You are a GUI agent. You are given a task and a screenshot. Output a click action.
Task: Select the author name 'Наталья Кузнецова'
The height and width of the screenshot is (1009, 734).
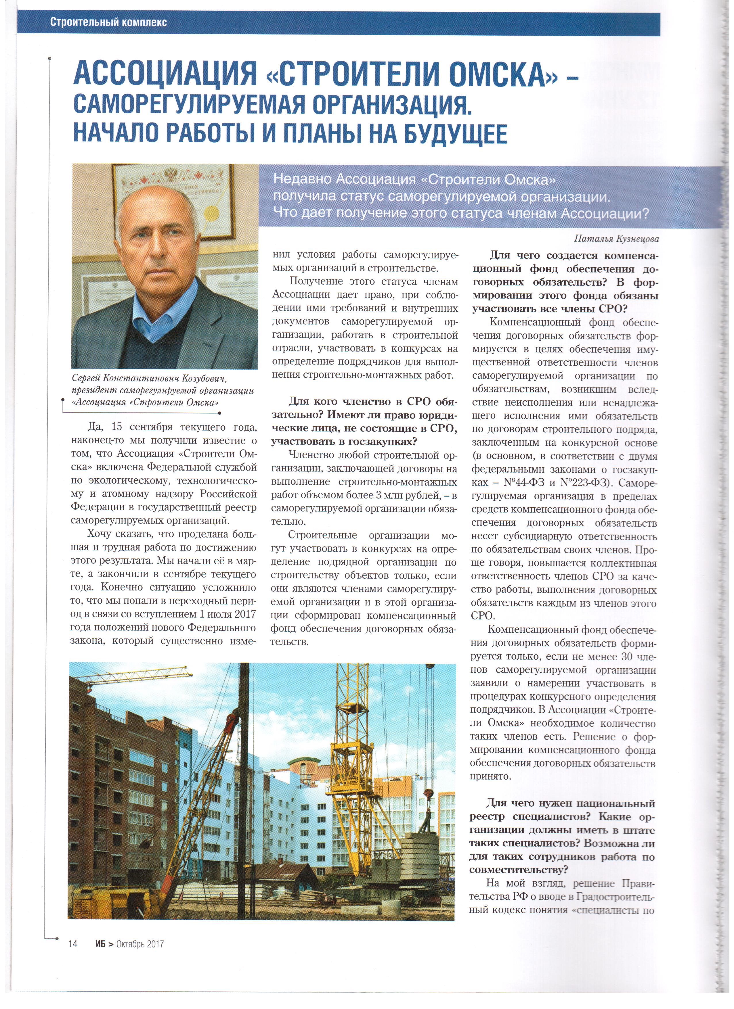[x=616, y=239]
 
